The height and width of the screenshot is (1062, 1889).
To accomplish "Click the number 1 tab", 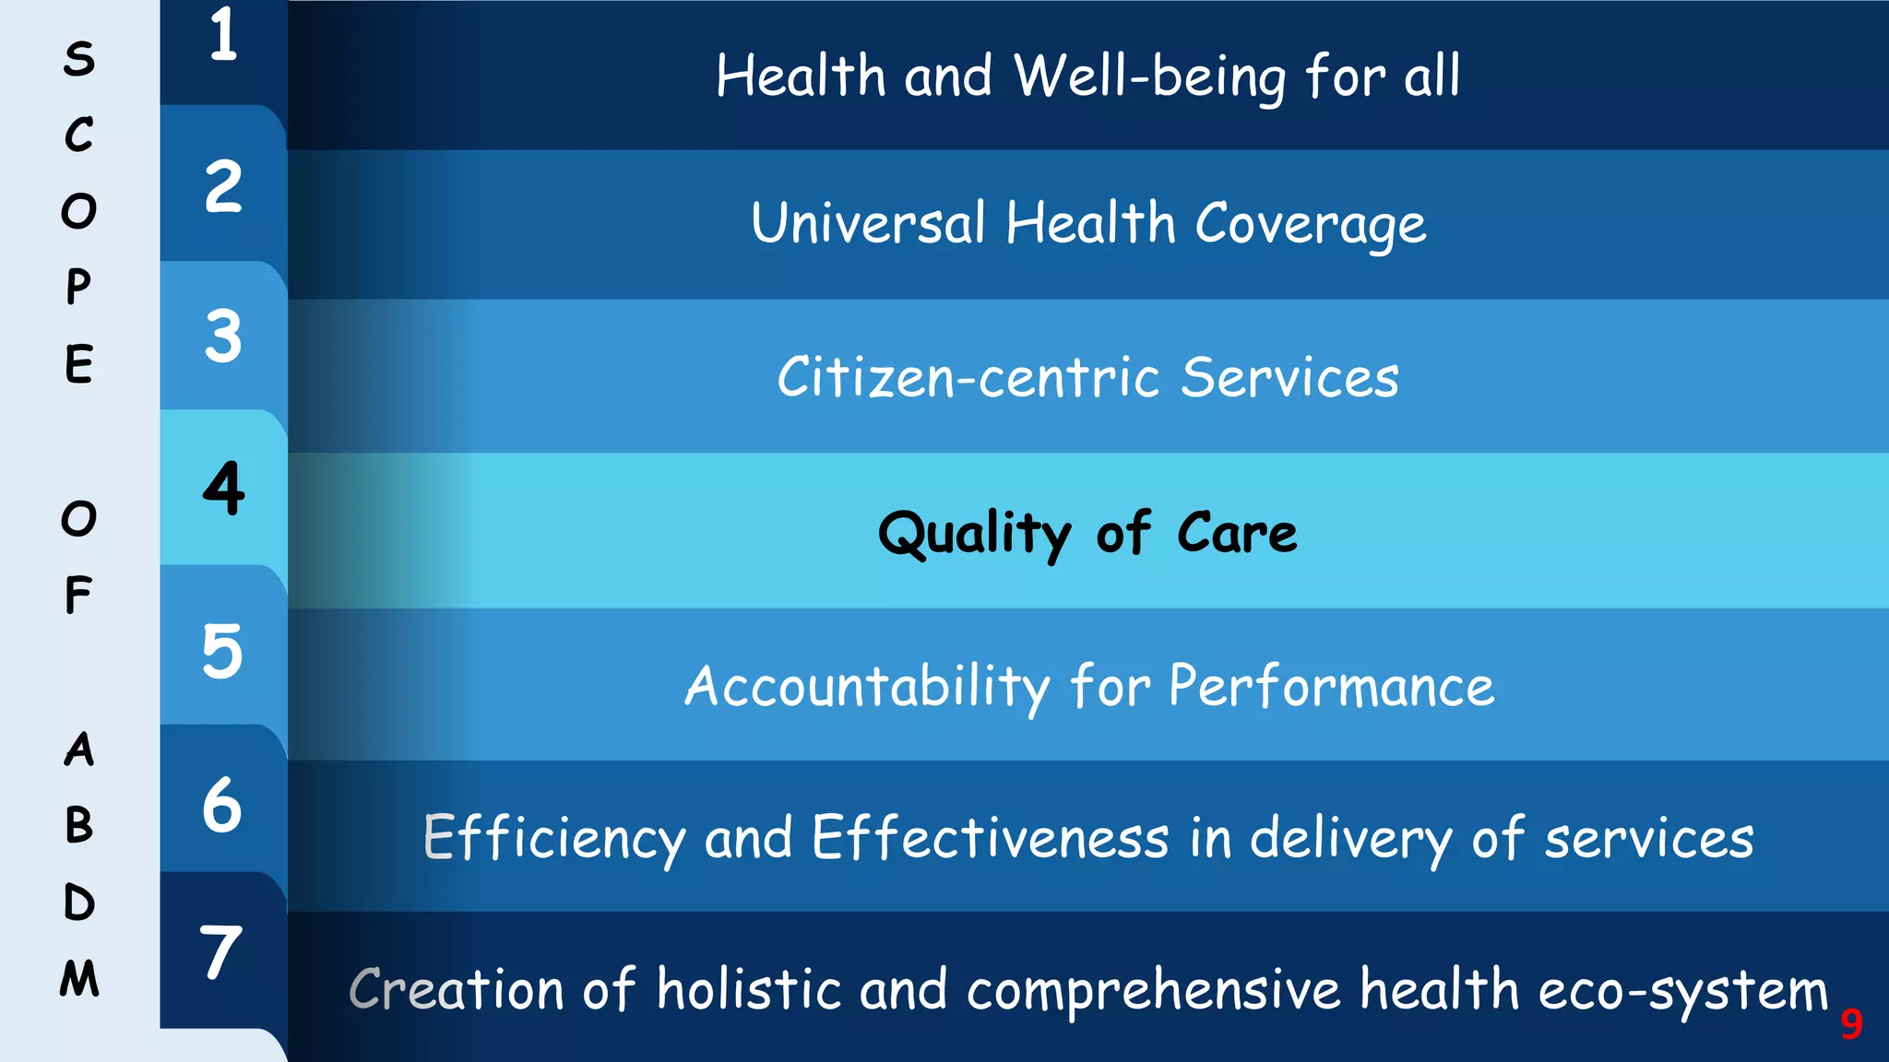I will tap(223, 37).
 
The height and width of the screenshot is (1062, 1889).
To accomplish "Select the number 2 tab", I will tap(223, 187).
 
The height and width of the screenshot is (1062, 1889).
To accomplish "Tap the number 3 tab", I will tap(223, 336).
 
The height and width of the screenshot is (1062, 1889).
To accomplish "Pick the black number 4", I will tap(223, 488).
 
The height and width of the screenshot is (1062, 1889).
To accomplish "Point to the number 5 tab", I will tap(222, 652).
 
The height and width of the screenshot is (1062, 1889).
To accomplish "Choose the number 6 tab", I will tap(222, 805).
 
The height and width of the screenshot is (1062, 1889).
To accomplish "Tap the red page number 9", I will tap(1851, 1024).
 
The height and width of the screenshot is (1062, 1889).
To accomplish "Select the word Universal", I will tap(868, 223).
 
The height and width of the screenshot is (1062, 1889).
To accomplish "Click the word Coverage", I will tap(1311, 225).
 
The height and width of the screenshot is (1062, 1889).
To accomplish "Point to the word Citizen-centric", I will tap(968, 378).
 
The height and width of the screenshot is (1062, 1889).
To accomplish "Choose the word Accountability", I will tap(867, 688).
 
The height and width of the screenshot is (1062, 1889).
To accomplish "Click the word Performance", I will tap(1332, 687).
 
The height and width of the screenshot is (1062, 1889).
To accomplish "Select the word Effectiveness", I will tap(991, 838).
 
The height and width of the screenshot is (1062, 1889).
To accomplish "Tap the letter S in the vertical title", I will tap(79, 59).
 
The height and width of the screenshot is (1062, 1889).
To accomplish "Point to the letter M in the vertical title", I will tap(79, 978).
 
